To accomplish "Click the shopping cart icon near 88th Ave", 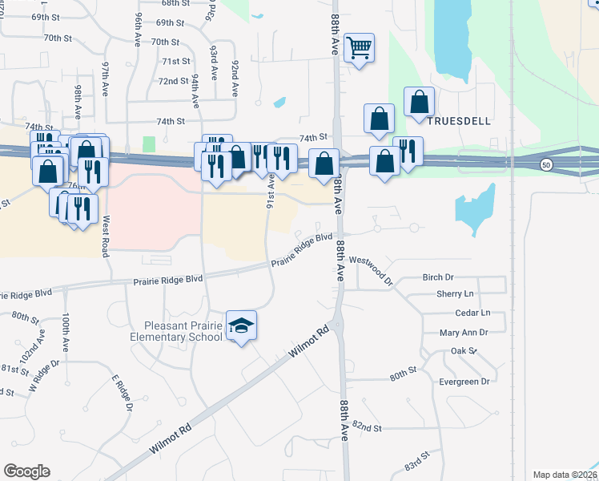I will coord(360,48).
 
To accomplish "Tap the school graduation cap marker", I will coord(241,325).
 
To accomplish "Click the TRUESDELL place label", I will coord(457,121).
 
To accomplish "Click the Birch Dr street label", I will coord(438,277).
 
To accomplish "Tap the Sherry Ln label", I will coord(456,294).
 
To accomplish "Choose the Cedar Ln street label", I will coord(472,313).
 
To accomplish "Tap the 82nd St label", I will coord(367,427).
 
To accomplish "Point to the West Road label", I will coord(106,236).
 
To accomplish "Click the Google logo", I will coord(26,471).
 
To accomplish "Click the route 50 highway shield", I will coord(545,164).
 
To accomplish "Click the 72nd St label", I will coord(173,81).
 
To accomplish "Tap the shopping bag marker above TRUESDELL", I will coord(419,103).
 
